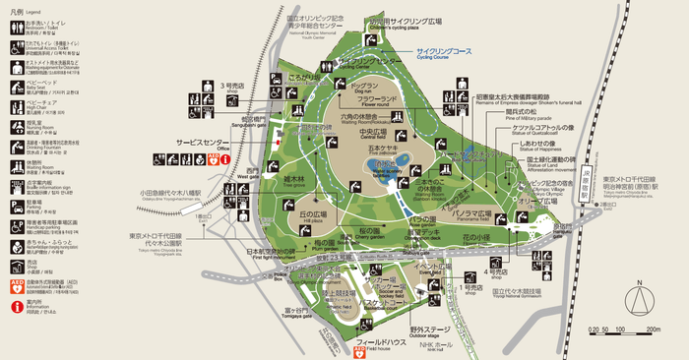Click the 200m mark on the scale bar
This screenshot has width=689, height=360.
[x=652, y=330]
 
